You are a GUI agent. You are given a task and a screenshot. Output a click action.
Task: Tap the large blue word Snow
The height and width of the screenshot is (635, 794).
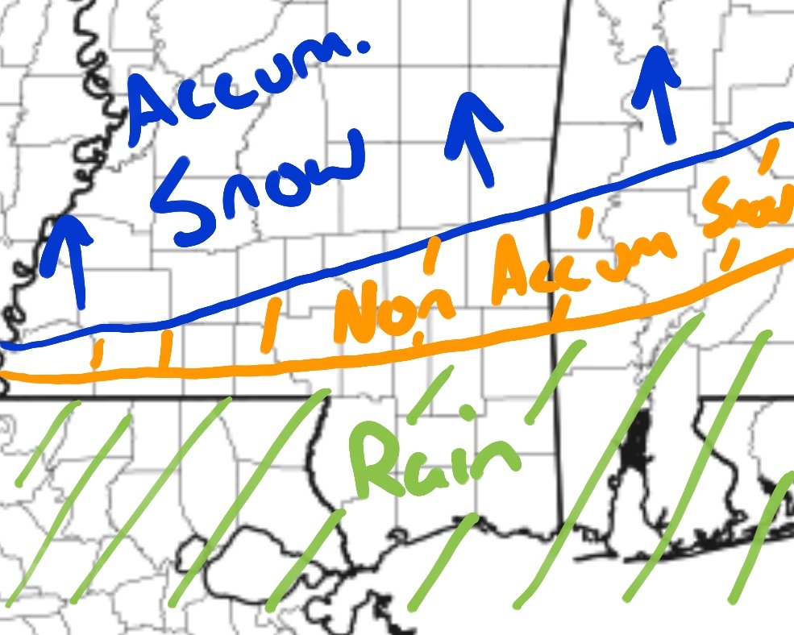266,181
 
